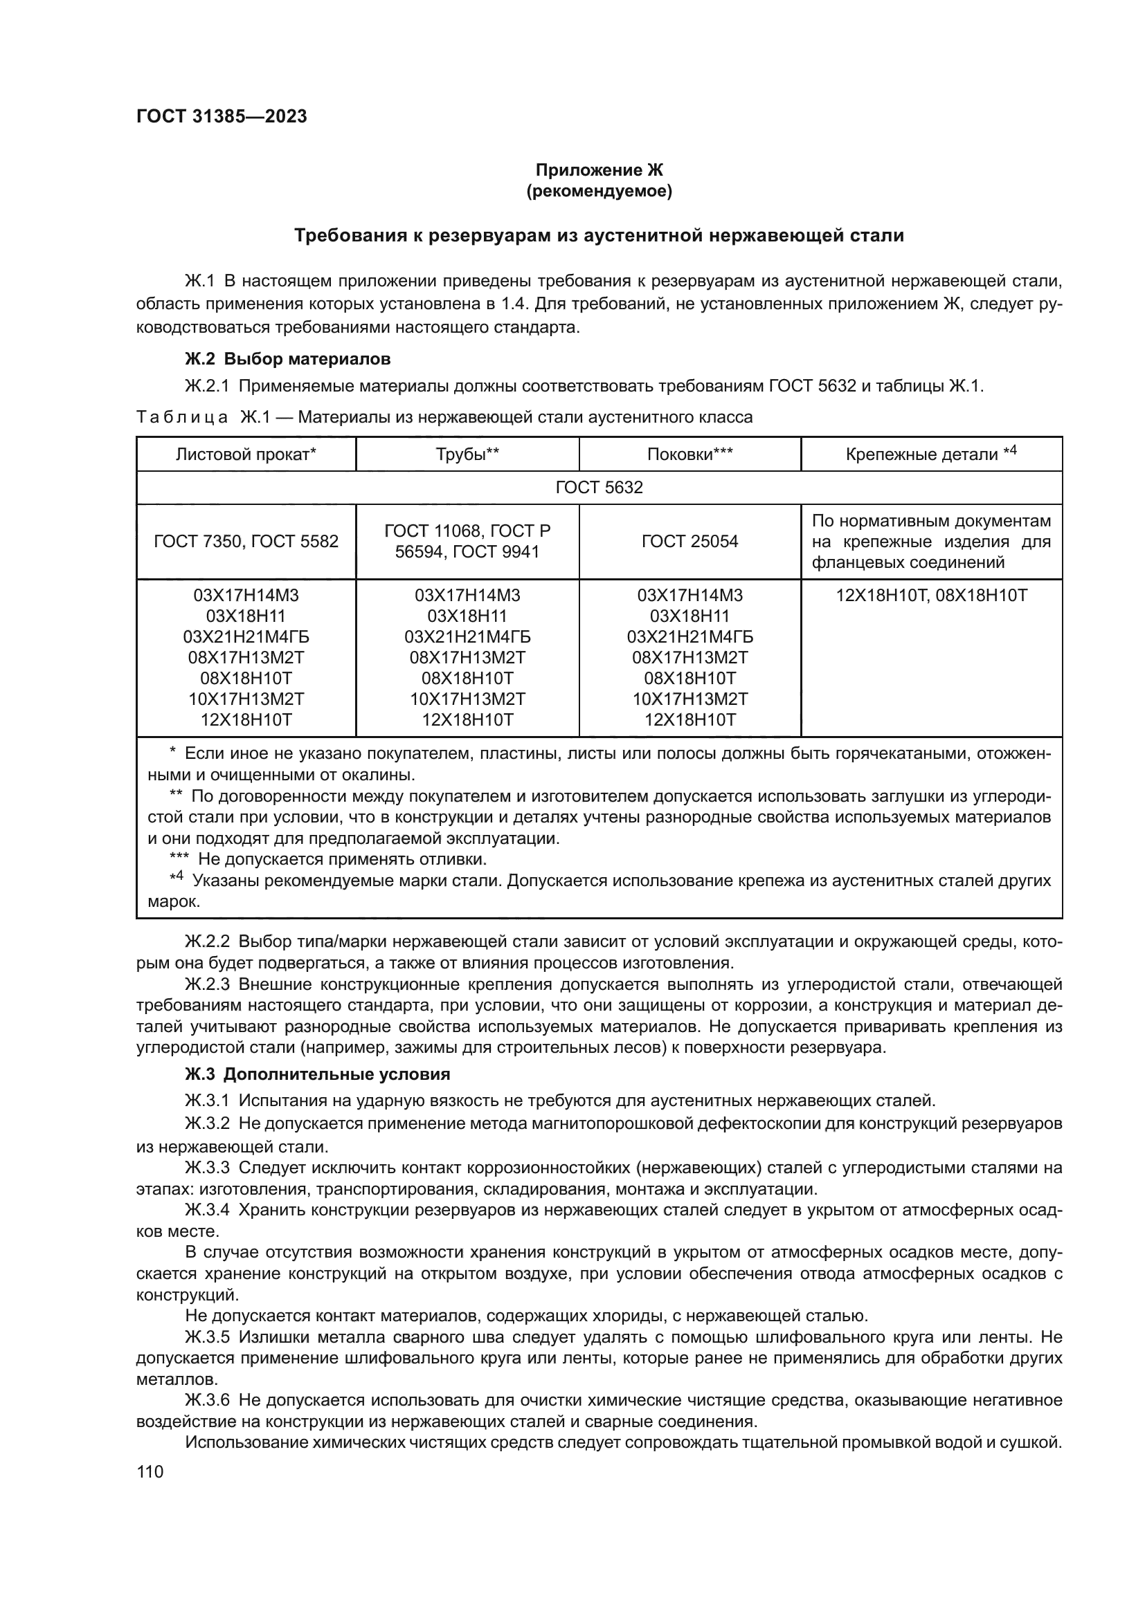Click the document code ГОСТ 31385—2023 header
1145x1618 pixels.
222,116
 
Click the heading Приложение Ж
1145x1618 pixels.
599,170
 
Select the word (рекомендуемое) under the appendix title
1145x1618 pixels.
599,191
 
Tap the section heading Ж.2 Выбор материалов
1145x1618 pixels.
287,359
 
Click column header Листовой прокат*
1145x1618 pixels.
246,454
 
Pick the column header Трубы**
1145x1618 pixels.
467,454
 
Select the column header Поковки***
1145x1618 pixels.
689,454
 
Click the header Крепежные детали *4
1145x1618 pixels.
930,454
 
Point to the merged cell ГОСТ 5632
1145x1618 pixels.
599,488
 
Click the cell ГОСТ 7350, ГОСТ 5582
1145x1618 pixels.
246,541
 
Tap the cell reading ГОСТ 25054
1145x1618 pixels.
689,541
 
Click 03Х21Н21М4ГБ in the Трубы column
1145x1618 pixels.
467,637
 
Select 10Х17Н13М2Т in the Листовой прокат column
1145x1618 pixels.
246,699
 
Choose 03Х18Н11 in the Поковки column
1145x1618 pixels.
689,616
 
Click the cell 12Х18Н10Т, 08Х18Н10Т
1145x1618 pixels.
930,596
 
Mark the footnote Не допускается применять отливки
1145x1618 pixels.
342,859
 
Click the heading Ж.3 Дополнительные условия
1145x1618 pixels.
317,1075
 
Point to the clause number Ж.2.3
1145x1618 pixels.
207,984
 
